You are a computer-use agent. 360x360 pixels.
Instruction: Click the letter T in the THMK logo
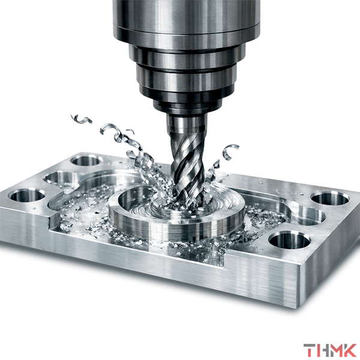click(x=308, y=350)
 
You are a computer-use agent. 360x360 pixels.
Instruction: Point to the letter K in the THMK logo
click(x=349, y=350)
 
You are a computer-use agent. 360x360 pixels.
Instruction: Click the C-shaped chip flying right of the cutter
click(x=230, y=152)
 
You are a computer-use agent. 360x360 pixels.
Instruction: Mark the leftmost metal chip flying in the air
click(x=81, y=119)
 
